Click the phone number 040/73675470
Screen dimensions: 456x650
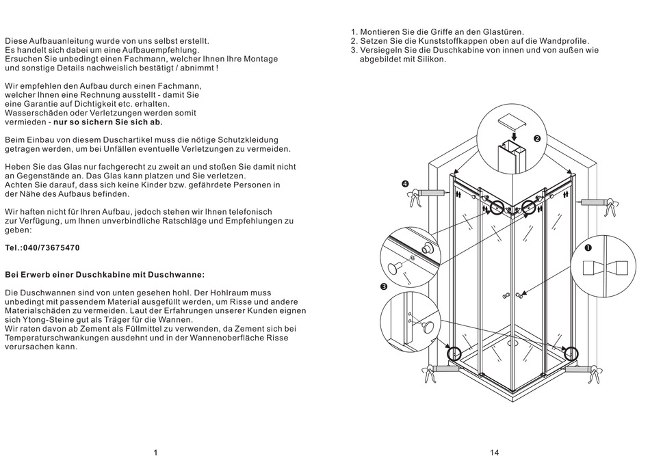tap(51, 248)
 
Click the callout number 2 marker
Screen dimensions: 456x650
tap(537, 139)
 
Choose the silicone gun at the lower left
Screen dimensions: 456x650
tap(436, 371)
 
